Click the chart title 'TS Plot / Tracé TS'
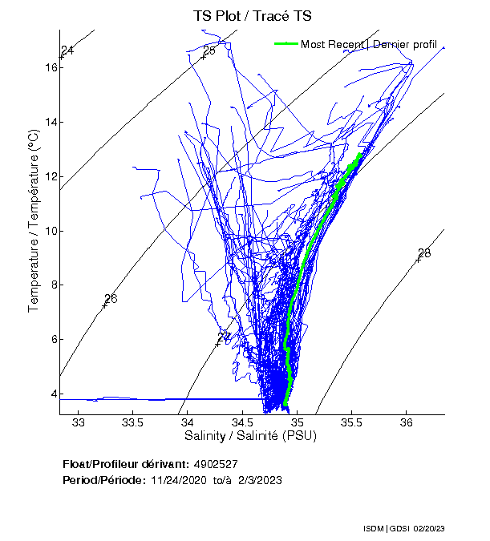click(x=252, y=16)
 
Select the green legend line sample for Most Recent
click(x=285, y=43)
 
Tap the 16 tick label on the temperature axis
click(x=50, y=67)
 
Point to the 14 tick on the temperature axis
click(x=50, y=122)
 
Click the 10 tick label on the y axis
click(x=50, y=231)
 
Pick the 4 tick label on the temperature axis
click(x=52, y=394)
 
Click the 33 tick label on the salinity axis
click(x=79, y=422)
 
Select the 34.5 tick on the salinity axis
click(x=242, y=422)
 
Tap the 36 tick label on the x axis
click(x=406, y=422)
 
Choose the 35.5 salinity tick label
click(x=351, y=422)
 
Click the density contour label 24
click(x=67, y=51)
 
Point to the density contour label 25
click(x=209, y=51)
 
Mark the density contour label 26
click(x=111, y=299)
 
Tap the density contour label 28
click(x=424, y=253)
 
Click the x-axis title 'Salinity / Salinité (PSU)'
click(x=251, y=436)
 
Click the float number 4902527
click(x=215, y=464)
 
